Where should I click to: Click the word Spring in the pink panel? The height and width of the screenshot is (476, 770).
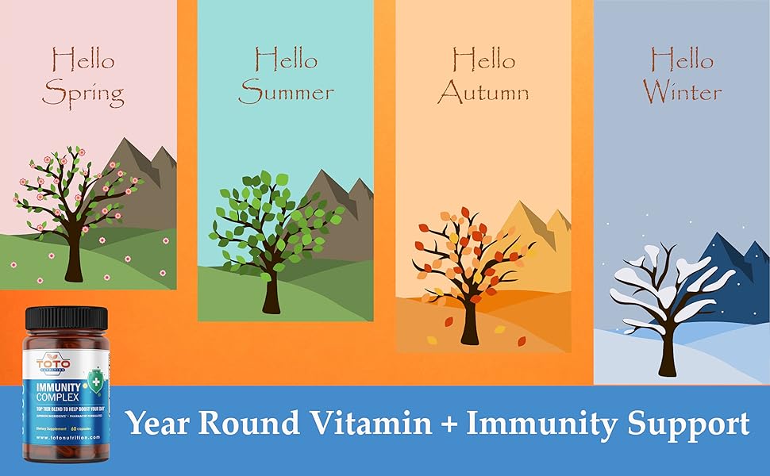tap(83, 94)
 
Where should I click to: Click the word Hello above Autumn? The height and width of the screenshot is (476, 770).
tap(483, 59)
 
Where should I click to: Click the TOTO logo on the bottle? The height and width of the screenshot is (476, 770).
tap(53, 363)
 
